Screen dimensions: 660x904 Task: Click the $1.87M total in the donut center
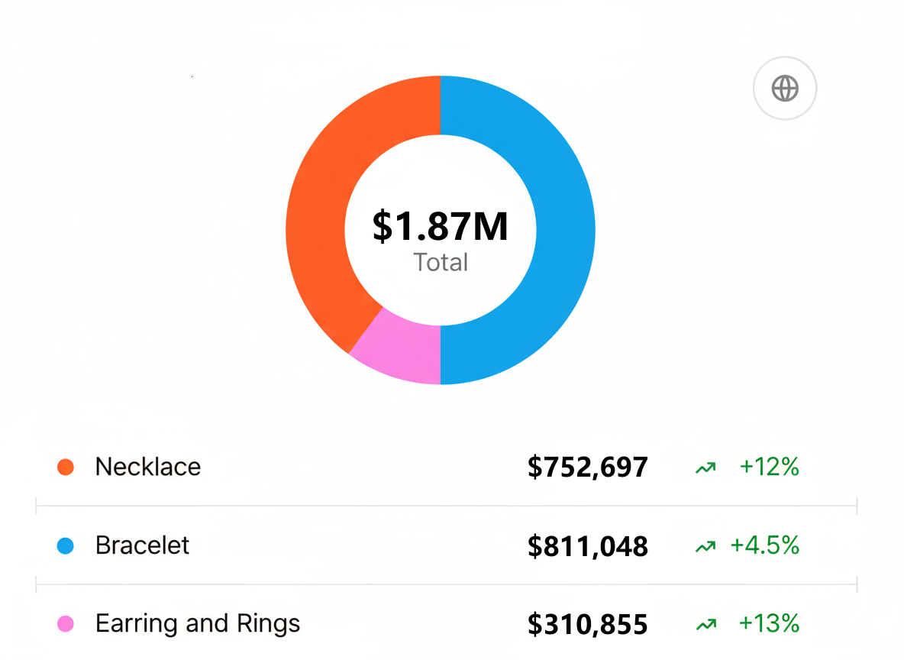[441, 226]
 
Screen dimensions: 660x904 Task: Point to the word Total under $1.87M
[441, 263]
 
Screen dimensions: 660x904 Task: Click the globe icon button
[785, 89]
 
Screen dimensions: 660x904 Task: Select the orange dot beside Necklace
[66, 467]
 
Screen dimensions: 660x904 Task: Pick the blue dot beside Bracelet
[66, 545]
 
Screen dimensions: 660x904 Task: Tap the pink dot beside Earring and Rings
[66, 624]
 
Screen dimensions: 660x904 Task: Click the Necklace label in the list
[148, 467]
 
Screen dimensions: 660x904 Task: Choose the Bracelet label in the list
[142, 545]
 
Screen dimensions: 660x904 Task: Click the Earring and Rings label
[198, 624]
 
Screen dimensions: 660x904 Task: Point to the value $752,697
[587, 467]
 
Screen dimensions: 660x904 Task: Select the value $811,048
[587, 546]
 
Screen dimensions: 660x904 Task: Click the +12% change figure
[769, 467]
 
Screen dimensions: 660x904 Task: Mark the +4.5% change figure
[764, 545]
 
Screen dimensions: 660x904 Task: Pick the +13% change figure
[769, 624]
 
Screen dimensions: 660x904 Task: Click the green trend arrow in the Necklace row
[705, 467]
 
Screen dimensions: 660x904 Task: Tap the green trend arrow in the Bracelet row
[705, 546]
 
